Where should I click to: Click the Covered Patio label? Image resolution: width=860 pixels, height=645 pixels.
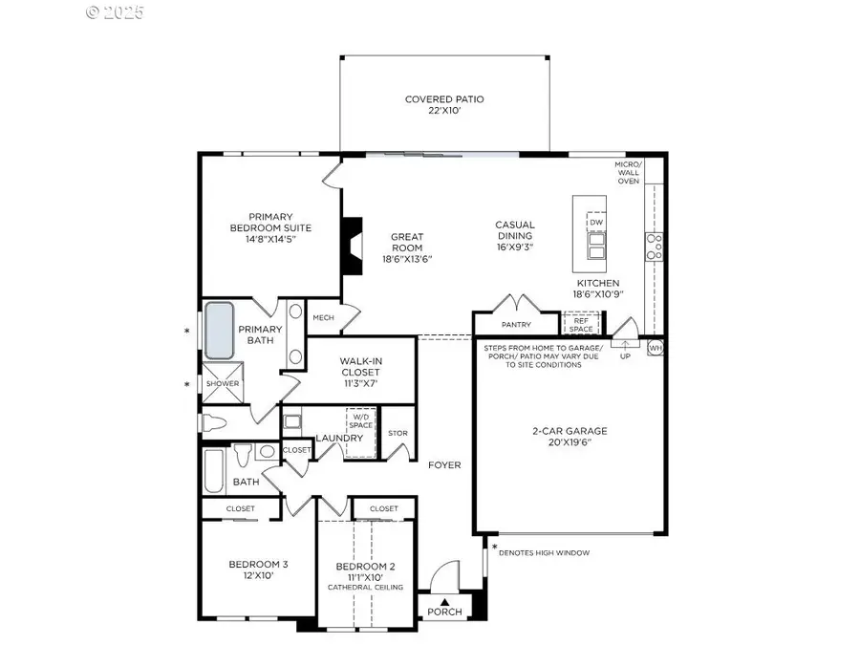[x=444, y=99]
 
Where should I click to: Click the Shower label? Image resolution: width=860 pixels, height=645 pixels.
[x=222, y=384]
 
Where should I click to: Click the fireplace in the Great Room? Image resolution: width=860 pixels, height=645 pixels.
[x=354, y=247]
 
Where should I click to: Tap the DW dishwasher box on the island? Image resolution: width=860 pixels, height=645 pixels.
[x=596, y=223]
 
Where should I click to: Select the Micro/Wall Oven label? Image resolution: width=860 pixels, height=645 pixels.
[x=628, y=173]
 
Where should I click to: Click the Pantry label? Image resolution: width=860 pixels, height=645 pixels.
[x=516, y=325]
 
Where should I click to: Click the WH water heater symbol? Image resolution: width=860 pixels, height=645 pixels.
[x=655, y=348]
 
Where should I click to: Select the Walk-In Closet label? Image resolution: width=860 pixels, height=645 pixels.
[x=361, y=367]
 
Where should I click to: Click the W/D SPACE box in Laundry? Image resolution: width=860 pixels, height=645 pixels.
[x=360, y=421]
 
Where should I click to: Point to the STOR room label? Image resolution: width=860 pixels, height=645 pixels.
[x=398, y=433]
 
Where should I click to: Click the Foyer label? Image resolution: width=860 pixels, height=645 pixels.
[x=444, y=465]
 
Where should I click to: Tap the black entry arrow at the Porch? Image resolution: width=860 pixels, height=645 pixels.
[x=444, y=601]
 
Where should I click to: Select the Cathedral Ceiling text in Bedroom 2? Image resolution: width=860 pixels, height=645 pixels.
[x=366, y=587]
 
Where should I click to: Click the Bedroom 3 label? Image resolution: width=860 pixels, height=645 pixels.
[x=258, y=564]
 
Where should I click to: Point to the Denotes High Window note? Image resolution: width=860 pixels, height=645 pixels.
[x=544, y=552]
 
